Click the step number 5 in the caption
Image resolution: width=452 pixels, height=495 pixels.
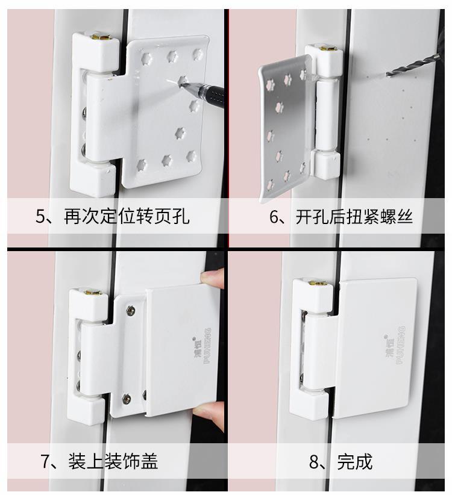[40, 216]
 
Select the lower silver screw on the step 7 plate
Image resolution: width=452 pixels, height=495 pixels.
[127, 397]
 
